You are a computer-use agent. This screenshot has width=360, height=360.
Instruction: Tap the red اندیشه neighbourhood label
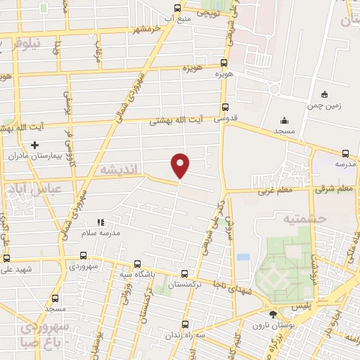(118, 170)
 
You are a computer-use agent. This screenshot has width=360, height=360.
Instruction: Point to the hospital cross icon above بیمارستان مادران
(34, 144)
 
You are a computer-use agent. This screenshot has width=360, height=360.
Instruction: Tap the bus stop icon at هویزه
(224, 63)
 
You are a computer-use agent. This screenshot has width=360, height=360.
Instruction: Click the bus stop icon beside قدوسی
(225, 108)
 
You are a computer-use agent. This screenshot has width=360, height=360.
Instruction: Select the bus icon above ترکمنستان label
(184, 274)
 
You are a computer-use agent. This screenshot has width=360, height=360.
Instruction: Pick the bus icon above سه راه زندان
(185, 324)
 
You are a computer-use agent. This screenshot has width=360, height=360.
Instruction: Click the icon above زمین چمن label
(324, 95)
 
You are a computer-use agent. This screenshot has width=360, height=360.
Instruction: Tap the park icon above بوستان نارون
(274, 314)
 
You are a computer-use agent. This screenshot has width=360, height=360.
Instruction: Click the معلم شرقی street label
(333, 188)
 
